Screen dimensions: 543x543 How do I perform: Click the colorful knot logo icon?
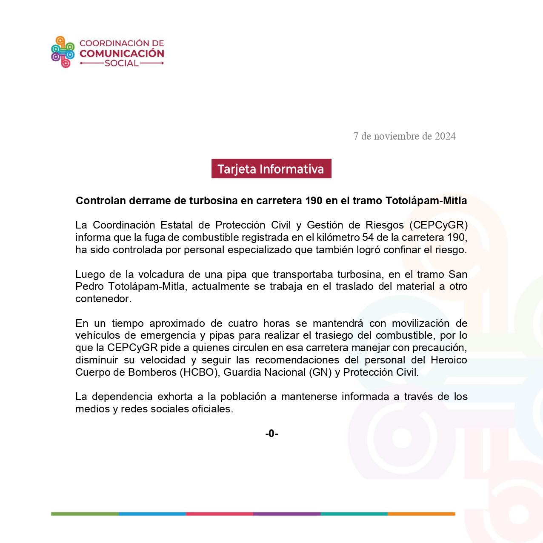point(63,52)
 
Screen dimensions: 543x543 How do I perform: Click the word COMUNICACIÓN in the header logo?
point(122,54)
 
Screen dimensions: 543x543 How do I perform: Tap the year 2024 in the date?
point(445,136)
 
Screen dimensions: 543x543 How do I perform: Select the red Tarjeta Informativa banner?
point(271,169)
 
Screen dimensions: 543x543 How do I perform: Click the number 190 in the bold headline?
point(314,201)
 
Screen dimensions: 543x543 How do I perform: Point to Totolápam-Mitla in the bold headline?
point(426,201)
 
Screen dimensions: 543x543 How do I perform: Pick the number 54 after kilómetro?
point(368,237)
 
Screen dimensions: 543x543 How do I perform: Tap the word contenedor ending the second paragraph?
point(102,299)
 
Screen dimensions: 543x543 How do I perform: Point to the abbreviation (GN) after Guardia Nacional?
point(320,372)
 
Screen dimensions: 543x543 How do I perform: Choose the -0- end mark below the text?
point(271,434)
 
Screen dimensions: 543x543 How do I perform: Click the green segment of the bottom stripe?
point(85,514)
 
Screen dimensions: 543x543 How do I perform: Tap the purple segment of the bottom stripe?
point(286,514)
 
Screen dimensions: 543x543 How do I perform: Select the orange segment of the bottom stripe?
point(421,514)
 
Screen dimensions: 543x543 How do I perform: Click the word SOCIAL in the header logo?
point(122,63)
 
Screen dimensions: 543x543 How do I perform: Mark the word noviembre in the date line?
point(396,136)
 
